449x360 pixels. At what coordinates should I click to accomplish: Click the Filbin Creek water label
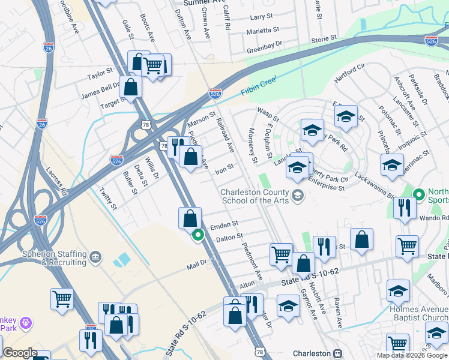(x=259, y=86)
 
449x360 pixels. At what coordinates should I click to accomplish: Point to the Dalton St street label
(x=230, y=238)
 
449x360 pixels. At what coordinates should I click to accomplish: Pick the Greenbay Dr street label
(x=264, y=43)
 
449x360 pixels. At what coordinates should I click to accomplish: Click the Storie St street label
(x=324, y=39)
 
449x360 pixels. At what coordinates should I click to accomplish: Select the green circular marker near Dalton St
(x=197, y=236)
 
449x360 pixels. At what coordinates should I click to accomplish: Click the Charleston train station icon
(x=337, y=353)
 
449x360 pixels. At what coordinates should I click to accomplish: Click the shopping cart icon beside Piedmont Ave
(x=281, y=254)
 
